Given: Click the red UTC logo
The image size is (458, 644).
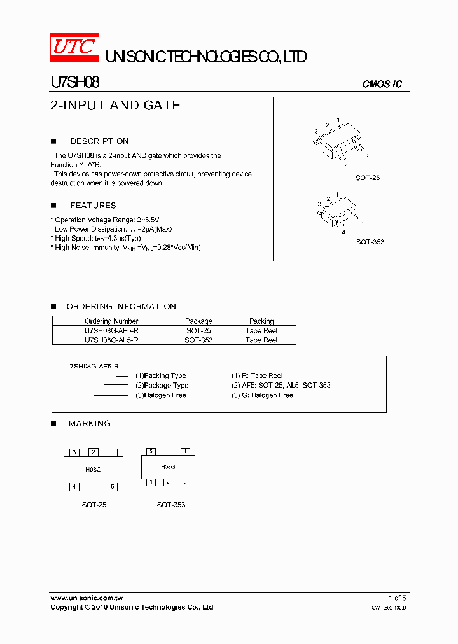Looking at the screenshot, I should (x=74, y=47).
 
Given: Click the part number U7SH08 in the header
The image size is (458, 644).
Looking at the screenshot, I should (x=74, y=82).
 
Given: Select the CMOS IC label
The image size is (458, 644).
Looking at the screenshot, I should (x=382, y=84).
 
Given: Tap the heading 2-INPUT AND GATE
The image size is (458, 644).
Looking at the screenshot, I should (x=115, y=105).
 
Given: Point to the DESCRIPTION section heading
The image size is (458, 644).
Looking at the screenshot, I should (x=99, y=141).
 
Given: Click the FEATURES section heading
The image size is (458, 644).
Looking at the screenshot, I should (x=93, y=206).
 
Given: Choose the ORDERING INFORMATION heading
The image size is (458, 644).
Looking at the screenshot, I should (x=121, y=307).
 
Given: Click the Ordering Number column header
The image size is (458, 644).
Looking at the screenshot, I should (x=111, y=321).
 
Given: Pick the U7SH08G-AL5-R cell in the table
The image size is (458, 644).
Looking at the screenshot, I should (x=111, y=340).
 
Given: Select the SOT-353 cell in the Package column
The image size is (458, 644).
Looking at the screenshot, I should (x=198, y=340).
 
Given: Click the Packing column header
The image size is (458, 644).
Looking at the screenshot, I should (x=261, y=321).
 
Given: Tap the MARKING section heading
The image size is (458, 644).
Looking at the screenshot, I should (x=89, y=423).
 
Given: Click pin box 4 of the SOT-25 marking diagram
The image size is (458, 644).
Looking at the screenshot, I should (x=74, y=487).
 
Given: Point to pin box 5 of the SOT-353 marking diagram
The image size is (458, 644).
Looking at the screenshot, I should (x=151, y=452).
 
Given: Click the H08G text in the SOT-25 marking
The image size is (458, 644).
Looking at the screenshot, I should (x=93, y=469).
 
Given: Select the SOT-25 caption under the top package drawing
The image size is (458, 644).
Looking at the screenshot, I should (x=368, y=178).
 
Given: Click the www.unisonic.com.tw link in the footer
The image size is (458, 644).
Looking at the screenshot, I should (x=87, y=598).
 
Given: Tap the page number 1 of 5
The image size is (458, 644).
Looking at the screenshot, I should (x=397, y=598).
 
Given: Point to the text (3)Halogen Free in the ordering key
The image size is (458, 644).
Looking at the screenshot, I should (x=160, y=395).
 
